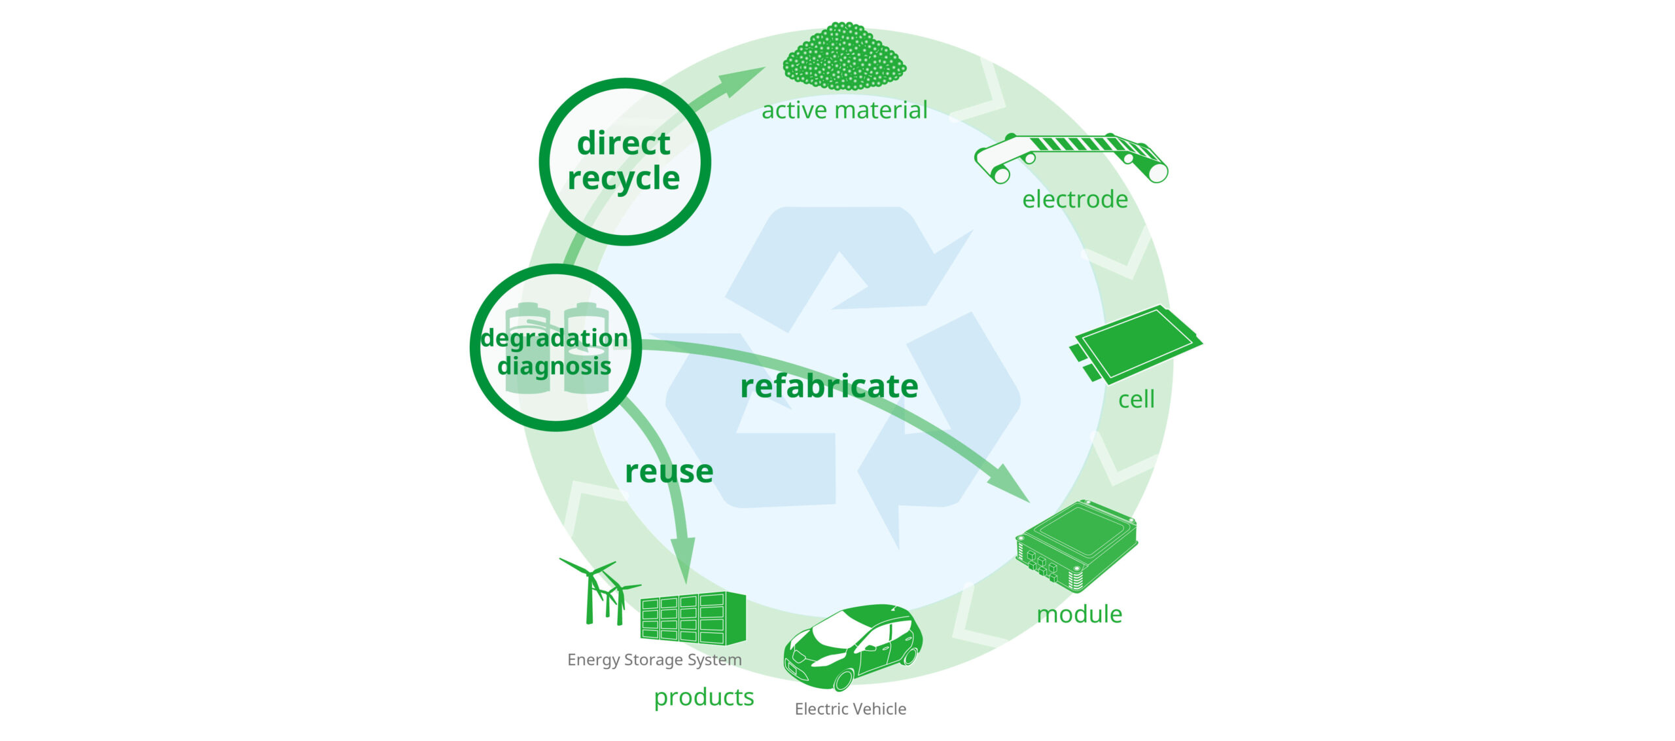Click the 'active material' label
pos(844,110)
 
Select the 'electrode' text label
pos(1075,199)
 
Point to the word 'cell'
pos(1136,399)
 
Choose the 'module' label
pos(1080,614)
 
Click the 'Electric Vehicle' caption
pos(850,709)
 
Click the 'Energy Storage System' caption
pos(654,660)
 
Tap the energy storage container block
pos(693,618)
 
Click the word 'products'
pos(704,697)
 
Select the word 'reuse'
pos(669,471)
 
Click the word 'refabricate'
pos(829,386)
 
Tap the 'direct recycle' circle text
pos(624,161)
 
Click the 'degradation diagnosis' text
pos(555,352)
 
